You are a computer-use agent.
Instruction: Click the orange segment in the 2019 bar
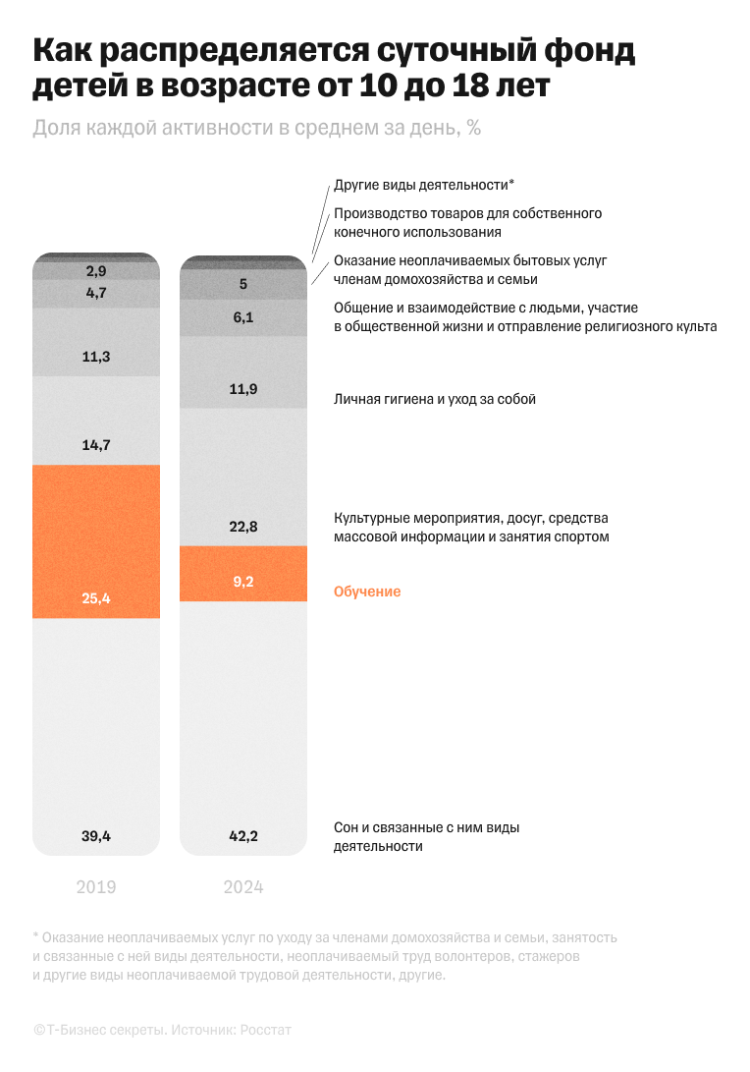point(96,540)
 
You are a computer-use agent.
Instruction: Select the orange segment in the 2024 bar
point(243,573)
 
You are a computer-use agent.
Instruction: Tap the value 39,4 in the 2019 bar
point(96,836)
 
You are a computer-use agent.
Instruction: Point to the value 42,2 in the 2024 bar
point(243,836)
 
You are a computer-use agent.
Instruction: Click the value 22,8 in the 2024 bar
point(243,527)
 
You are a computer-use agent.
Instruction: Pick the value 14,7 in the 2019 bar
point(96,444)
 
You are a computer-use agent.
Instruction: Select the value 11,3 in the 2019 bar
point(96,357)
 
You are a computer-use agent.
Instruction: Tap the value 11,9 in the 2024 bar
point(243,389)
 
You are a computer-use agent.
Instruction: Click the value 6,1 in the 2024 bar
point(243,316)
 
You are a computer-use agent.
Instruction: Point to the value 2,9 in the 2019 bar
point(96,270)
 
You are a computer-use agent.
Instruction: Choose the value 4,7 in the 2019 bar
point(96,292)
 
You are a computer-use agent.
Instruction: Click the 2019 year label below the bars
point(96,887)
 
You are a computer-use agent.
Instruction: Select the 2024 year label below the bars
point(243,887)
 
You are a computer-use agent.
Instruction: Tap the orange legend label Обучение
point(367,592)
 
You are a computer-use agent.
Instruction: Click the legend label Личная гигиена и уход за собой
point(435,399)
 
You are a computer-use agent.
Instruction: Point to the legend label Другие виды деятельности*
point(424,185)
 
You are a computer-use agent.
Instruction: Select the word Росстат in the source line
point(266,1030)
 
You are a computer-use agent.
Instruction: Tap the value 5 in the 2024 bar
point(243,285)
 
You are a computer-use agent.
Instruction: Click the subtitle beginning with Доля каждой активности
point(256,128)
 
